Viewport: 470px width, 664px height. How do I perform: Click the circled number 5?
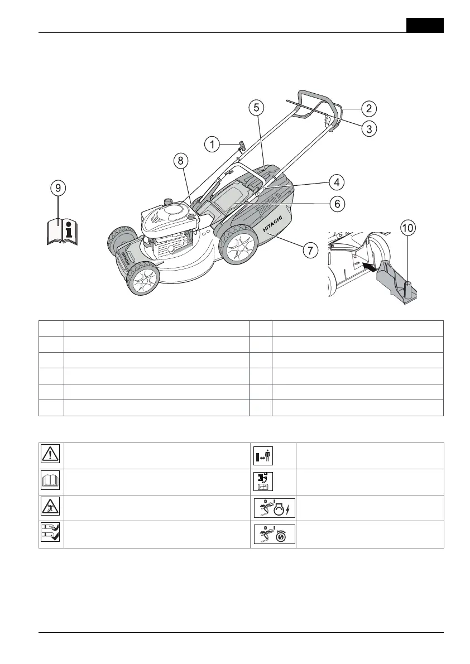point(255,108)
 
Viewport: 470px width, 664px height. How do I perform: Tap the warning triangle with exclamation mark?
point(51,455)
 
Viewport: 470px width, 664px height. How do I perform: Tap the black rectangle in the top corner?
point(425,25)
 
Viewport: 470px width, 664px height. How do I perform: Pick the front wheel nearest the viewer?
point(142,282)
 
